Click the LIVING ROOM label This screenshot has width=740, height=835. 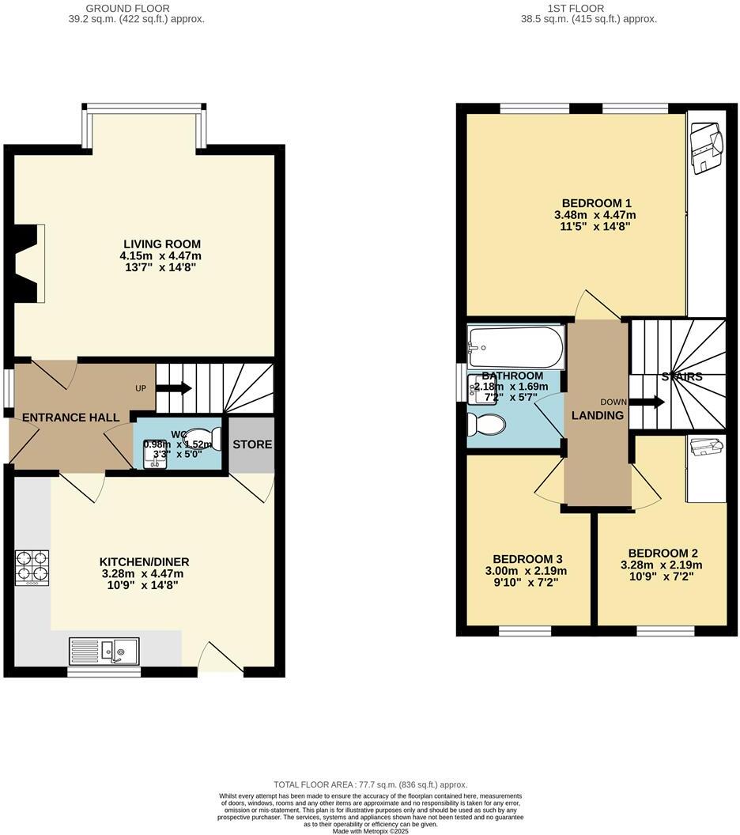click(161, 244)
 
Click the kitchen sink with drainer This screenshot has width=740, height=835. click(104, 651)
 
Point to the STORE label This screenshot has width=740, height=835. click(252, 444)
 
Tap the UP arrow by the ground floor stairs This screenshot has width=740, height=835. click(173, 388)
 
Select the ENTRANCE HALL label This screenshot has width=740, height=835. click(71, 417)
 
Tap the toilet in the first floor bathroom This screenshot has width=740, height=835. click(485, 425)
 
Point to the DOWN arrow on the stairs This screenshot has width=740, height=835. click(651, 402)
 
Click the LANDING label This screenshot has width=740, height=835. click(598, 415)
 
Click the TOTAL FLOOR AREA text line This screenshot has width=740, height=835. click(370, 784)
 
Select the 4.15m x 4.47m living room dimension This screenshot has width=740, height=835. click(161, 255)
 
